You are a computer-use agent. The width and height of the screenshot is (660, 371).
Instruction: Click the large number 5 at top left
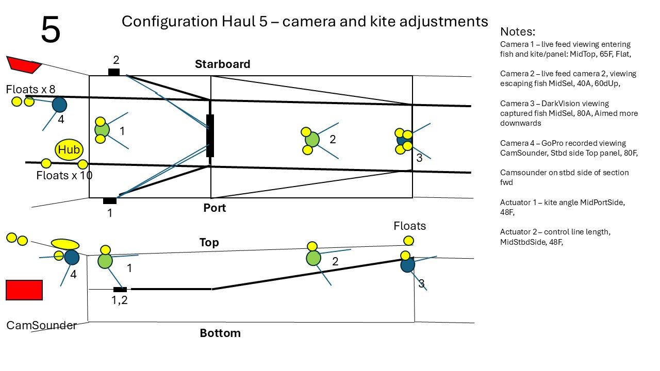coord(51,30)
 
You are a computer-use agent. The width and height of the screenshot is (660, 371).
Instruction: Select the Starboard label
coord(222,64)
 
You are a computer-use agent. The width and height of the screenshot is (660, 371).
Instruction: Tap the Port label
coord(214,208)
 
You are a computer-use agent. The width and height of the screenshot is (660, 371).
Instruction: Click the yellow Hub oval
coord(69,149)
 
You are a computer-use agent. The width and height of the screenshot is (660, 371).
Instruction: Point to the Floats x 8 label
coord(30,89)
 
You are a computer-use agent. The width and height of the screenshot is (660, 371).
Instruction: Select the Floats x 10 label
coord(64,175)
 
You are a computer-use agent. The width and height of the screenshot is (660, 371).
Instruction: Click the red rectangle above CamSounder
coord(24,290)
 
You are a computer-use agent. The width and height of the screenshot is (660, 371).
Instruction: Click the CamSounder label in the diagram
coord(41,325)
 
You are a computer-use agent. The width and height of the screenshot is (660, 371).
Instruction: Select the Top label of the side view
coord(209,242)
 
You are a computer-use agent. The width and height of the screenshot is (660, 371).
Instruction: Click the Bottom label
coord(220,333)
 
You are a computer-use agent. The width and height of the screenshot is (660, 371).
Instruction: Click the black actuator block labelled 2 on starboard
coord(114,72)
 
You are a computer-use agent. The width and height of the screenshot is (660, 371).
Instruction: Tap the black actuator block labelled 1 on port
coord(110,200)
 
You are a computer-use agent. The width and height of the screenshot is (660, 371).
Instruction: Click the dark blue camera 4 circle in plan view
coord(60,105)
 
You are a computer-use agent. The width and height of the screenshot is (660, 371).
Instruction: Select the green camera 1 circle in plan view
coord(102,130)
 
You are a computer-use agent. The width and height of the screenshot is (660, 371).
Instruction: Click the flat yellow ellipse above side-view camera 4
coord(65,244)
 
